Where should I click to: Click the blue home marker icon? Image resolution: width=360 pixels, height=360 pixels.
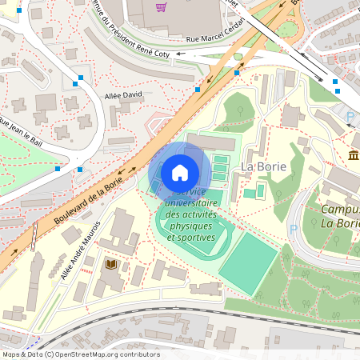tap(180, 173)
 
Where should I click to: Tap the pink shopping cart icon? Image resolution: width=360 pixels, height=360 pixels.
tap(162, 7)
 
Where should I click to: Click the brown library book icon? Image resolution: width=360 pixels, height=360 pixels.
tap(110, 263)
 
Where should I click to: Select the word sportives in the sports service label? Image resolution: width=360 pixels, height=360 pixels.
tap(190, 238)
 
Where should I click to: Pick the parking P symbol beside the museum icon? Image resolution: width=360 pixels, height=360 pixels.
tap(350, 117)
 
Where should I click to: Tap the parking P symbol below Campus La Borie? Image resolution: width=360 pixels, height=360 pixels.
tap(293, 228)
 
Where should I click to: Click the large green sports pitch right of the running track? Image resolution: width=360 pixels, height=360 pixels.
tap(249, 262)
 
